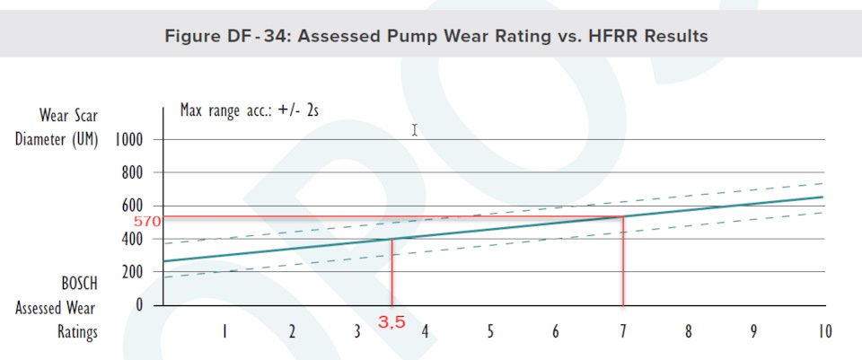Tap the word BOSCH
pos(79,283)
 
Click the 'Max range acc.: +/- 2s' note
pos(250,110)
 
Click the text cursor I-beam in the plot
pos(414,129)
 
